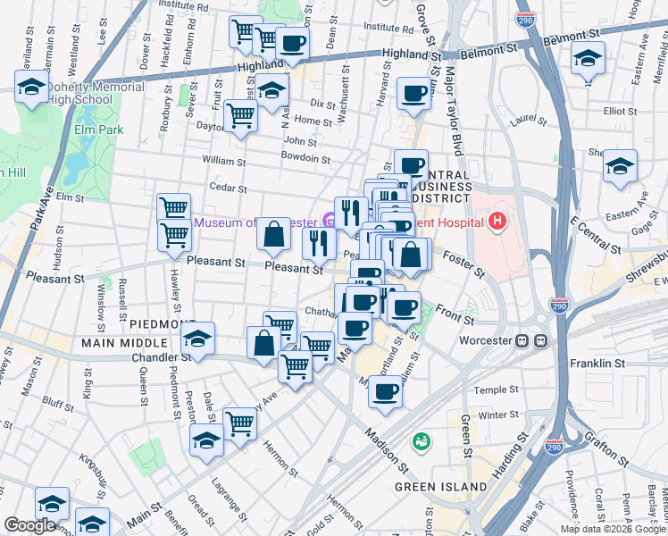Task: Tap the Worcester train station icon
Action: tap(540, 341)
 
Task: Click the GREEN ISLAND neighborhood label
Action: tap(442, 487)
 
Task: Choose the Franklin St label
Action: tap(624, 364)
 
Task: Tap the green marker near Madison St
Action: tap(420, 441)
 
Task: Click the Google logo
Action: tap(29, 525)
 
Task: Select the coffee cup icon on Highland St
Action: tap(292, 42)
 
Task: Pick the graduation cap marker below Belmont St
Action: tap(587, 60)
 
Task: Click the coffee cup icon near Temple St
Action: tap(385, 391)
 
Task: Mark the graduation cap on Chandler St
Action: tap(198, 339)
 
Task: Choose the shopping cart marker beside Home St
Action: tap(241, 114)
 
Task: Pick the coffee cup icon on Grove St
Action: tap(413, 92)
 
